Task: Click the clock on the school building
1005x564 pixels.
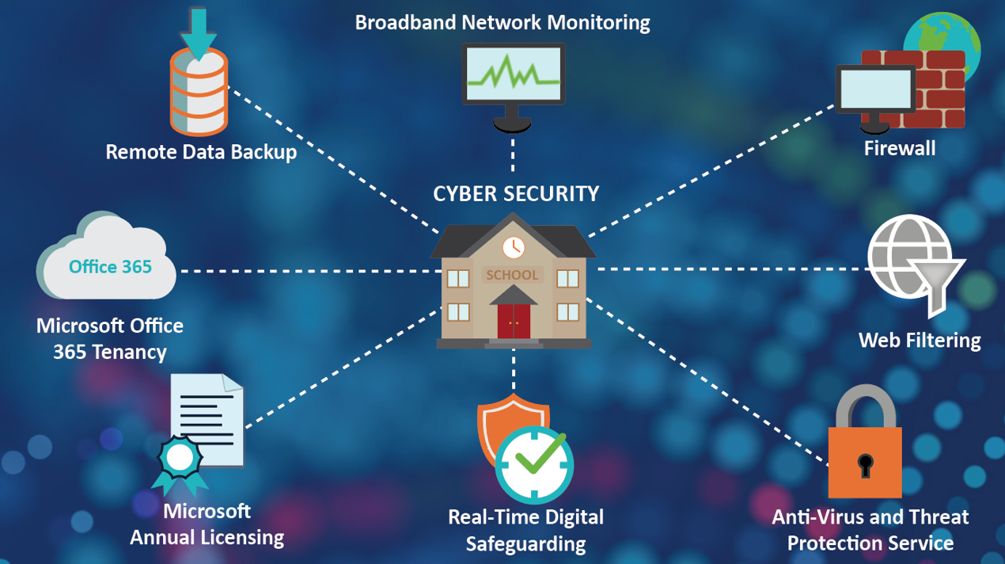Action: [513, 246]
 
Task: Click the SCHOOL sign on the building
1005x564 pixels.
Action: [513, 276]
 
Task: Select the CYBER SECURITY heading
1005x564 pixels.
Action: [516, 193]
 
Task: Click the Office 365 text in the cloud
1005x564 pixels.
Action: [110, 267]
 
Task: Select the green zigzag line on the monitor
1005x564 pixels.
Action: [514, 74]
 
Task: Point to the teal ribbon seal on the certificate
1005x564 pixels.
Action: [179, 459]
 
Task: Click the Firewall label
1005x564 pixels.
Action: [899, 148]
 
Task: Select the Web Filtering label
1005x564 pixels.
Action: [919, 341]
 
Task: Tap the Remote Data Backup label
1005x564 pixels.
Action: [201, 151]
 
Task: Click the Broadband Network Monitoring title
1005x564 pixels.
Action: [502, 22]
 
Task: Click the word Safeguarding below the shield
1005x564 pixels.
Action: [525, 543]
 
